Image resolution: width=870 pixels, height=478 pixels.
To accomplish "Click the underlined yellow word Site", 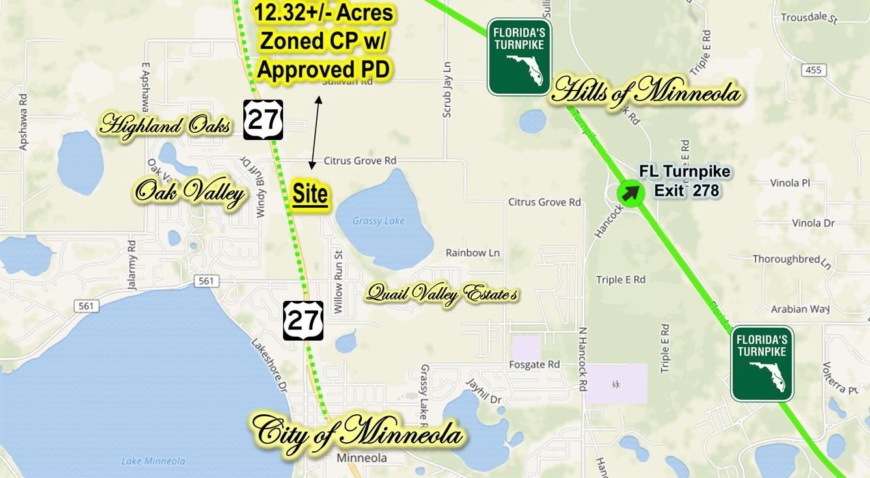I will (310, 195).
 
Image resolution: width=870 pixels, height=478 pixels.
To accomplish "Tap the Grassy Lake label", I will (378, 221).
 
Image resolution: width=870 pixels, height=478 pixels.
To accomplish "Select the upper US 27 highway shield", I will (263, 120).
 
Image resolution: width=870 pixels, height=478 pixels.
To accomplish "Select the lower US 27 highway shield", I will (303, 320).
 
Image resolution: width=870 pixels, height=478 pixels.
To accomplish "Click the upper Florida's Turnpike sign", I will (519, 57).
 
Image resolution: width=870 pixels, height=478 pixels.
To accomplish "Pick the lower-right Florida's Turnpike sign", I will (762, 363).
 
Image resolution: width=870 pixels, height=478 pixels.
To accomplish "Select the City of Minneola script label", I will (358, 432).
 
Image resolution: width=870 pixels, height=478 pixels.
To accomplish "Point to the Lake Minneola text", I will (153, 461).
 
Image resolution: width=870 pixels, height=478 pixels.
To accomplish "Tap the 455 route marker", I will (813, 70).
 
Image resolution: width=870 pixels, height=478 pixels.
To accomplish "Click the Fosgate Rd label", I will (535, 364).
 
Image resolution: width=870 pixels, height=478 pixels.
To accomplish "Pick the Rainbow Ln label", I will (473, 253).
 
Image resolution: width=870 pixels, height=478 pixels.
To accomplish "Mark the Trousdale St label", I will (808, 18).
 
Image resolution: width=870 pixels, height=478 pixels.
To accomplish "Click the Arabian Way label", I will (798, 309).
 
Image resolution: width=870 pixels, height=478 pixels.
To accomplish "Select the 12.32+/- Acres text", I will (323, 12).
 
